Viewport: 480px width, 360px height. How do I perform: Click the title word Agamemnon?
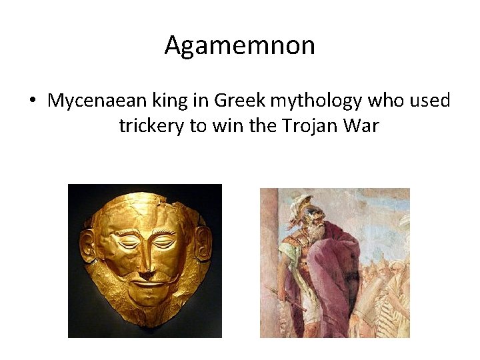click(239, 46)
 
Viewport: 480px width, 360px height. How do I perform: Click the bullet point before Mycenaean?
click(32, 101)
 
